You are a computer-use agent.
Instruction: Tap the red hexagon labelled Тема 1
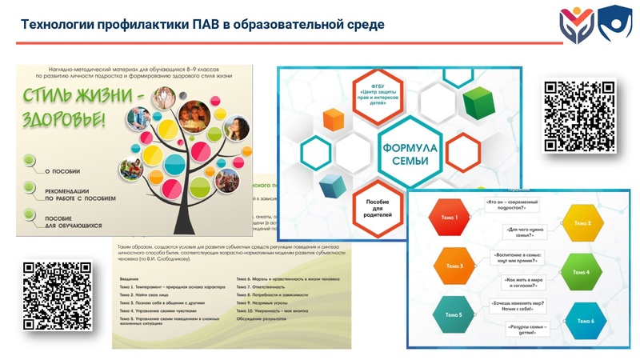[450, 218]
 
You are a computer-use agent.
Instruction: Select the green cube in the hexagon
[480, 102]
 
